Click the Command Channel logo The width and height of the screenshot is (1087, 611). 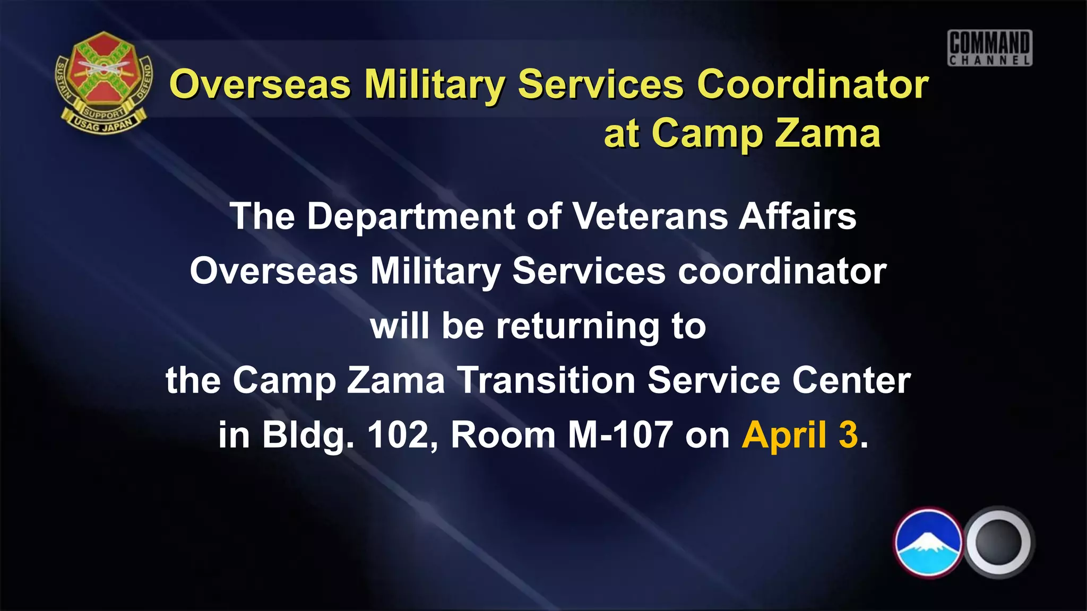click(x=990, y=48)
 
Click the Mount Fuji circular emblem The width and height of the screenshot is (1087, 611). click(x=928, y=543)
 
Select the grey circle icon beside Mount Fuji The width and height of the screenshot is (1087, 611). click(x=998, y=543)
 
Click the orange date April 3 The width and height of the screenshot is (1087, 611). click(x=800, y=435)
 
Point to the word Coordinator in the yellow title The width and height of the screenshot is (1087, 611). click(x=813, y=84)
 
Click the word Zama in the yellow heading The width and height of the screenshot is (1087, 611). click(x=827, y=133)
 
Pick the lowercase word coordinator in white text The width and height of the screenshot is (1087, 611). click(x=782, y=271)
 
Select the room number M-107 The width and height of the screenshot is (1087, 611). click(x=620, y=435)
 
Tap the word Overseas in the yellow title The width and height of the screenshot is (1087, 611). click(x=260, y=84)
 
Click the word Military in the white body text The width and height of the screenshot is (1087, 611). click(x=435, y=271)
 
